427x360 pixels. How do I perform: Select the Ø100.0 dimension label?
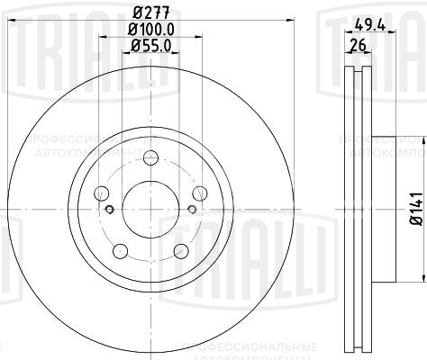point(150,31)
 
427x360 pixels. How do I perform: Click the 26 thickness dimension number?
point(358,44)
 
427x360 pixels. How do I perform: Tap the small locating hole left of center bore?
point(109,210)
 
